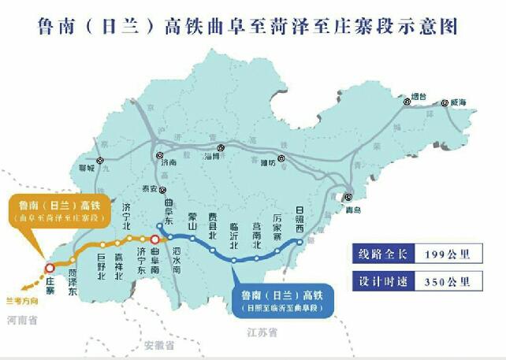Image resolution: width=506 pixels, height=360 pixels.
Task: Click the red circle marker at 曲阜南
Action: point(155,241)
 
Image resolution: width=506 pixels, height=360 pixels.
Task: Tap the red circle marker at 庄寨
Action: point(50,269)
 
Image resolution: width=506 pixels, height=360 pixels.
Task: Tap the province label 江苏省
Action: point(262,332)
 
